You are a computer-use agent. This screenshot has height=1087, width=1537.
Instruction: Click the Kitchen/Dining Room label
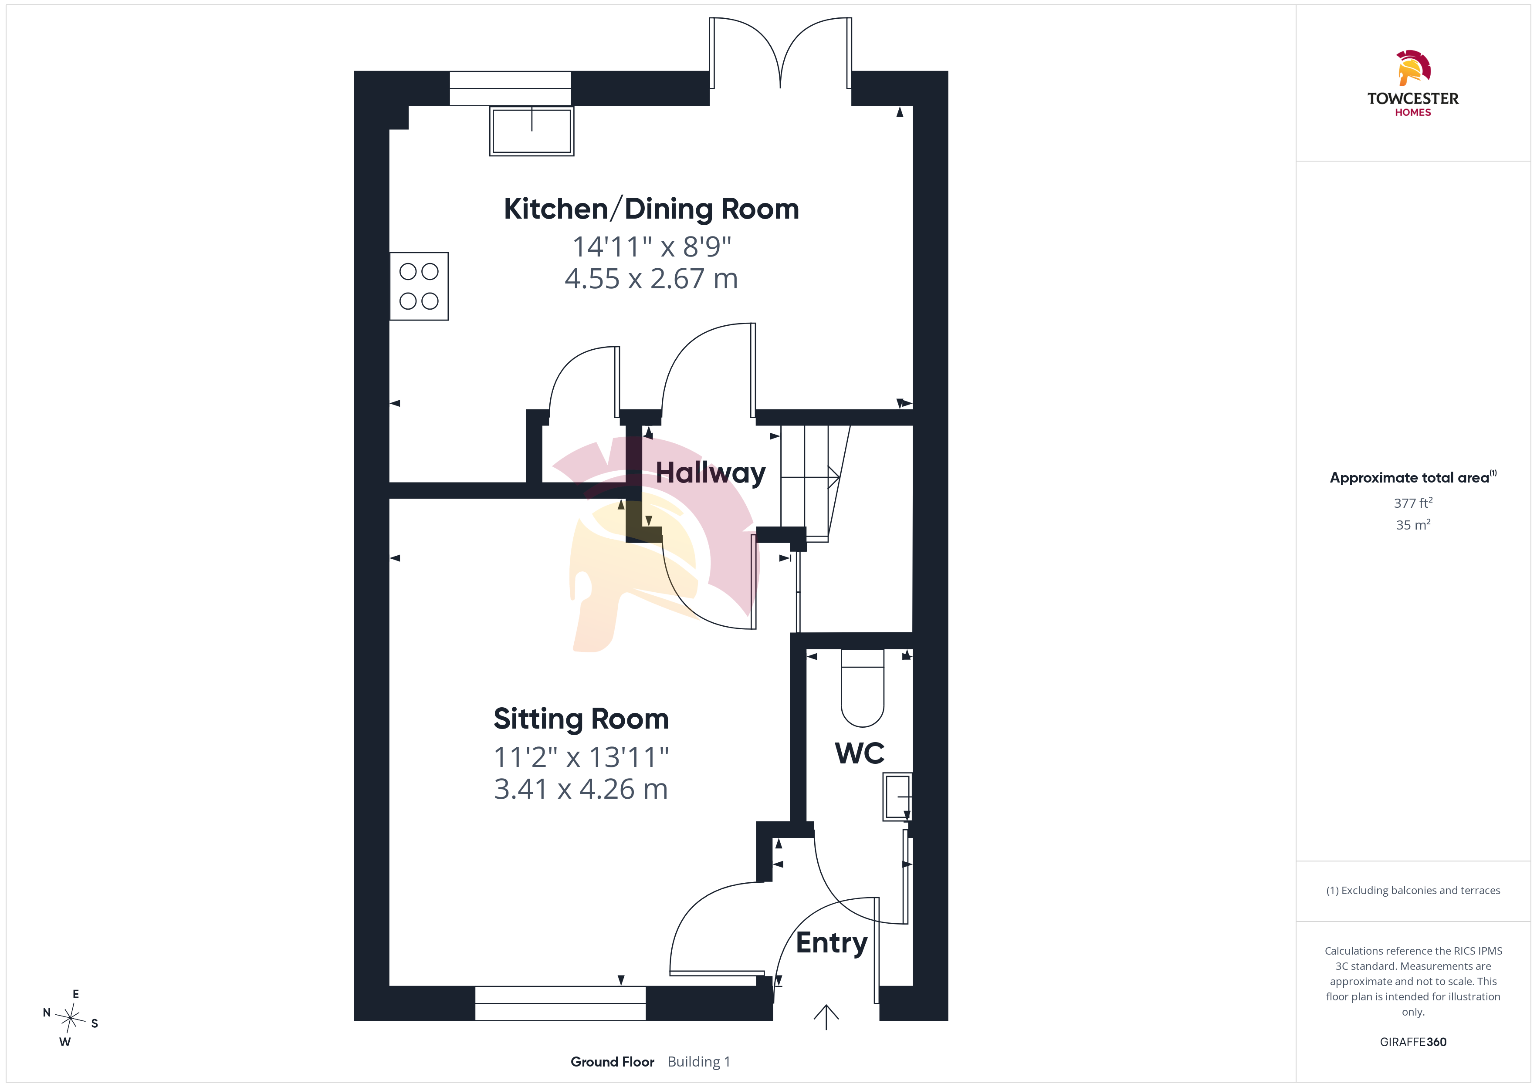point(651,209)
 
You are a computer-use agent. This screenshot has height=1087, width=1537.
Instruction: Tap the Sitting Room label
point(581,719)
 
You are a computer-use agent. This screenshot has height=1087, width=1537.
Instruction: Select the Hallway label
point(710,473)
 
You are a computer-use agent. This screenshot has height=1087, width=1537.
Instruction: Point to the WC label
point(860,753)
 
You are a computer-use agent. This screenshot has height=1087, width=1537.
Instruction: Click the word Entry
point(831,943)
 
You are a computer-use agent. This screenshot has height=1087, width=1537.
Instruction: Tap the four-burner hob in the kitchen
point(419,287)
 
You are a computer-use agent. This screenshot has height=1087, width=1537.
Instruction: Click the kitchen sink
point(532,131)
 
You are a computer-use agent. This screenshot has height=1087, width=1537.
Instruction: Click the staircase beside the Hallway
point(815,483)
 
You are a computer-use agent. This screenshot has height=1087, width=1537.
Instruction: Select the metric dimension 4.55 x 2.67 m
point(651,278)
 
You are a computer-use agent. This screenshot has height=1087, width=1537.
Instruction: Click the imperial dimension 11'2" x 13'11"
point(581,757)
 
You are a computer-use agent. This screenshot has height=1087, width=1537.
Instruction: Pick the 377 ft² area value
point(1413,503)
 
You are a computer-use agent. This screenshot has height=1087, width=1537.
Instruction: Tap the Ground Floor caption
point(613,1062)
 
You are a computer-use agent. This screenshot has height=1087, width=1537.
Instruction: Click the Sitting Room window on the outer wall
point(560,1003)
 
